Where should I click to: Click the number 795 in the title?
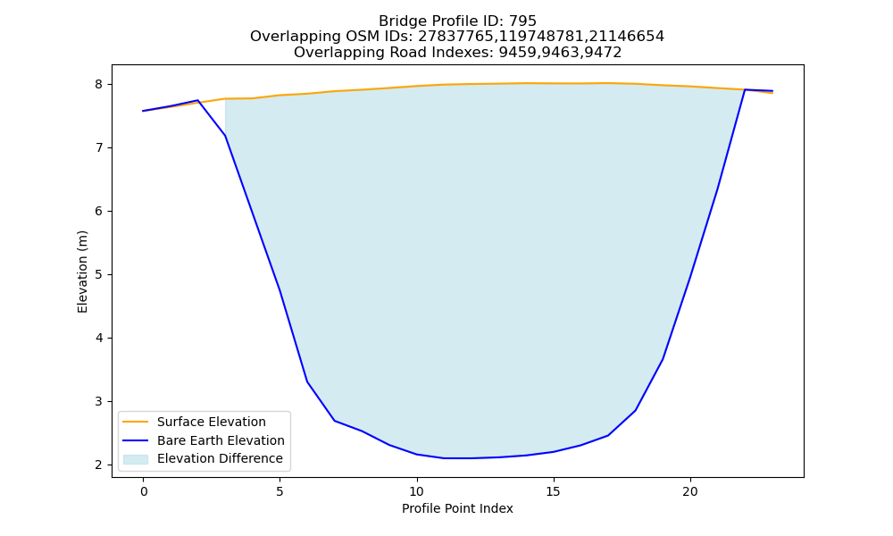click(522, 21)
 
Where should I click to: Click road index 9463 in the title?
click(561, 53)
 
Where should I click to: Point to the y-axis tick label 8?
click(99, 84)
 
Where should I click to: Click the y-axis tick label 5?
click(99, 274)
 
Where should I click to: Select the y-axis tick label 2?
click(99, 465)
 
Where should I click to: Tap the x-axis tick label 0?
click(144, 491)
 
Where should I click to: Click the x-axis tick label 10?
click(417, 491)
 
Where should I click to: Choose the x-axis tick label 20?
click(690, 491)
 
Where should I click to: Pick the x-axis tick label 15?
click(554, 491)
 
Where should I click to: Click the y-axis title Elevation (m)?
click(82, 272)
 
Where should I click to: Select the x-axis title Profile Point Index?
click(457, 508)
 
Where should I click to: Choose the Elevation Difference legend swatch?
click(136, 459)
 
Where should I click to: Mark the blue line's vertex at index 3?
click(226, 136)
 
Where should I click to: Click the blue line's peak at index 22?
click(745, 89)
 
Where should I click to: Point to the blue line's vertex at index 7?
click(334, 421)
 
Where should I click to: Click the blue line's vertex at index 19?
click(663, 359)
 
